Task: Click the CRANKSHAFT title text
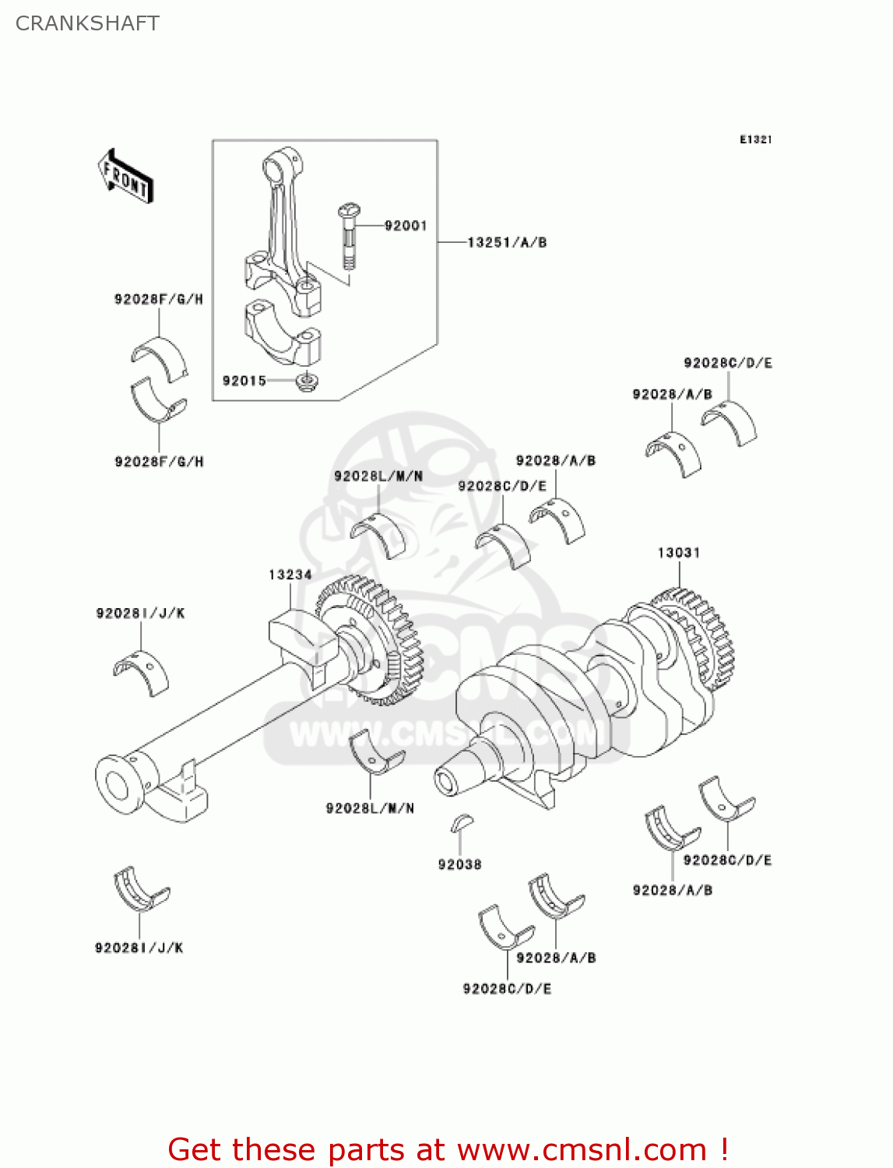(87, 23)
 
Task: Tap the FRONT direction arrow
(125, 177)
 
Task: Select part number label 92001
(406, 226)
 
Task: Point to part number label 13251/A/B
(507, 243)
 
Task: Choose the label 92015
(244, 381)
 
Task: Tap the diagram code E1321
(754, 139)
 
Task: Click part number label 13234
(290, 575)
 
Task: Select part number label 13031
(678, 553)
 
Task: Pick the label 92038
(459, 864)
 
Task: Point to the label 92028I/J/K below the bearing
(139, 948)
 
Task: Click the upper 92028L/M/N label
(378, 477)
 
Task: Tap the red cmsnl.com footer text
(448, 1149)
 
